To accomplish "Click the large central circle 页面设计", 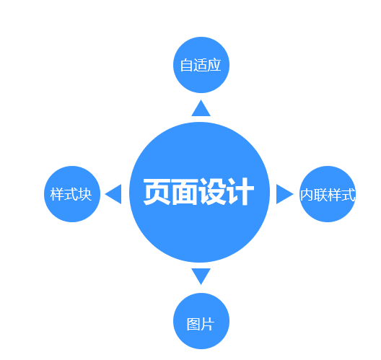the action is coord(199,192).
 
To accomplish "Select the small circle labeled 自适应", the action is coord(201,65).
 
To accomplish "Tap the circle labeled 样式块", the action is coord(72,194).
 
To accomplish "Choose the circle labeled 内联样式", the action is coord(328,194).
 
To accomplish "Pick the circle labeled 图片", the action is coord(201,321).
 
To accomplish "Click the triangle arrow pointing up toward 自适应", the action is coord(201,108).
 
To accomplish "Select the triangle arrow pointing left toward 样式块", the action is coord(113,194).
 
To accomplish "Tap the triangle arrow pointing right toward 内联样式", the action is coord(285,194).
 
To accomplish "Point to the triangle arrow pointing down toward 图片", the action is coord(201,276).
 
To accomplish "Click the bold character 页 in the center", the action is coord(157,192).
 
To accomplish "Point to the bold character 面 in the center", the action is coord(185,192).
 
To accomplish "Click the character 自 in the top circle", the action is coord(187,65).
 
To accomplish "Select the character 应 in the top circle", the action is coord(214,65).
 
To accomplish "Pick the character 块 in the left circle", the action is coord(85,194).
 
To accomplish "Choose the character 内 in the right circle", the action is coord(307,195).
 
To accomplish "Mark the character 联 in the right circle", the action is coord(320,195).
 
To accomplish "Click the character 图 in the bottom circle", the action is coord(193,324).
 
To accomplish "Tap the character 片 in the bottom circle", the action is coord(208,324).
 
